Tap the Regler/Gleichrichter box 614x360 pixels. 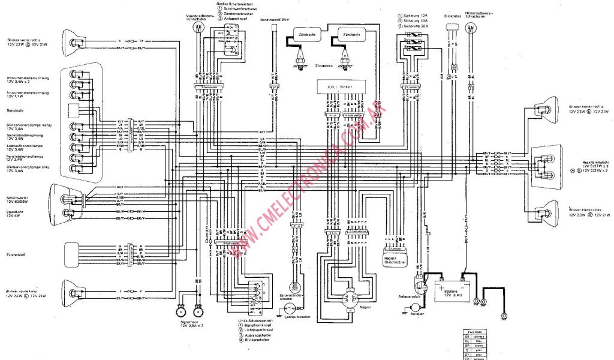coord(395,259)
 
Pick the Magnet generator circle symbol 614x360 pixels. coord(348,297)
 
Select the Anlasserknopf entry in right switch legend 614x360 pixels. coord(243,19)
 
